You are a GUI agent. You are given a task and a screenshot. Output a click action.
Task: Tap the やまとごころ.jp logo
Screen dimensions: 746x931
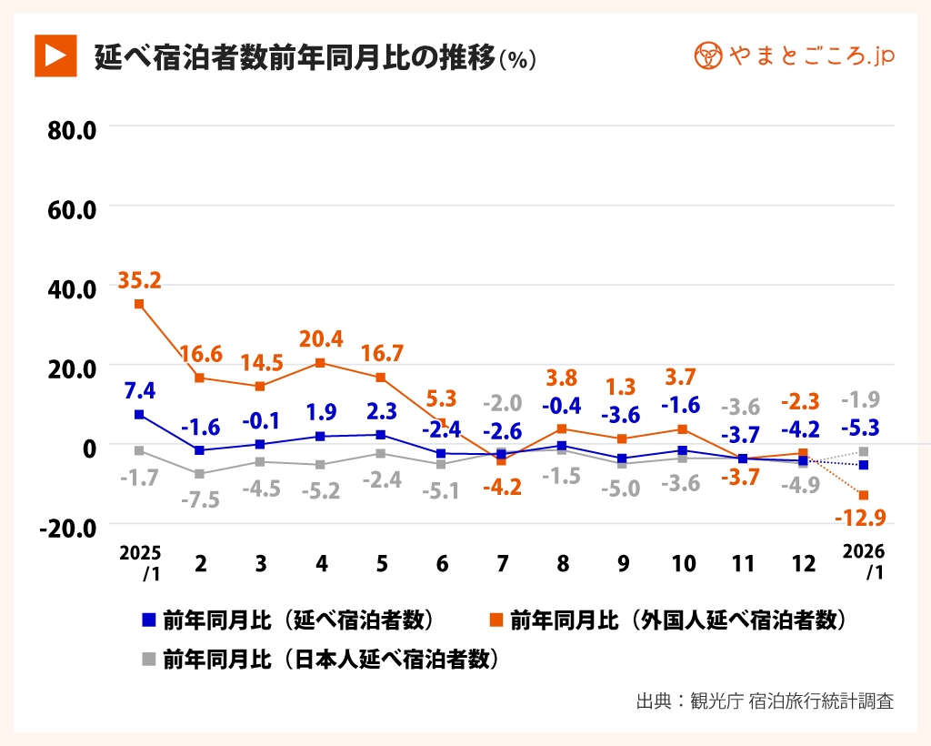794,55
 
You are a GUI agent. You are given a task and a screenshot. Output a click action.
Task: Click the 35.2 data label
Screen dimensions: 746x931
139,280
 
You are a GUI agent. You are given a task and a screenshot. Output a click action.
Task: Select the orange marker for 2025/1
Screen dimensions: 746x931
139,304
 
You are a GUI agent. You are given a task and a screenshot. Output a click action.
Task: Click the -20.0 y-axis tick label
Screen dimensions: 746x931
69,527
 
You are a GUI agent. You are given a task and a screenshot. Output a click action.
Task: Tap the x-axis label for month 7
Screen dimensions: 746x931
502,563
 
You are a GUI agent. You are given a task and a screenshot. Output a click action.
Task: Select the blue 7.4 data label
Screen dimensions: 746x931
139,390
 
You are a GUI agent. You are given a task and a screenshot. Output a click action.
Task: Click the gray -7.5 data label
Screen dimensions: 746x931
200,499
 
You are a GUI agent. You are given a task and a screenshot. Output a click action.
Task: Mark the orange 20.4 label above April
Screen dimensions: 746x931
321,339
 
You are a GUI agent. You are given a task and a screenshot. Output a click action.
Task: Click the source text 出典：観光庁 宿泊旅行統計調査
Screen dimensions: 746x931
764,701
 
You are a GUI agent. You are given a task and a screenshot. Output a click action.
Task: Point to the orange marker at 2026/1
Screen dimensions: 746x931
863,495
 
